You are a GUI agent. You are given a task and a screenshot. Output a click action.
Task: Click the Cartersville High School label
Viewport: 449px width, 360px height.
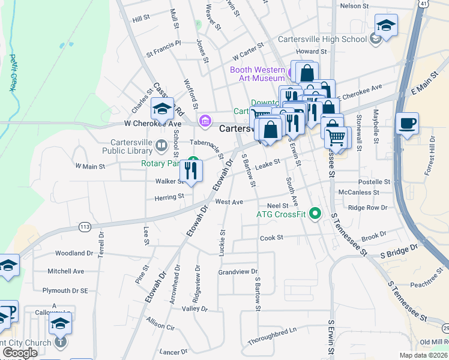coord(322,40)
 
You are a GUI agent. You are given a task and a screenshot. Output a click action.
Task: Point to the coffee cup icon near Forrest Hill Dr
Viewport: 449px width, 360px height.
coord(407,124)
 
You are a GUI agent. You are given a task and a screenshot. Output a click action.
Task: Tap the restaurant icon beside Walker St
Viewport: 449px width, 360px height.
coord(192,171)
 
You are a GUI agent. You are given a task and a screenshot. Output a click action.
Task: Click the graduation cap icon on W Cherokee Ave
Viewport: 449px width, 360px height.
coord(162,109)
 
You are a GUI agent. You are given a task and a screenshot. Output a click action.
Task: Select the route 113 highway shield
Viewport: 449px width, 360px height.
coord(84,227)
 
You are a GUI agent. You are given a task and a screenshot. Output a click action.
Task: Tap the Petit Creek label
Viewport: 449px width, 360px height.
coord(12,73)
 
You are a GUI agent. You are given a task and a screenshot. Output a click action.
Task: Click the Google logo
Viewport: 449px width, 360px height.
coord(20,353)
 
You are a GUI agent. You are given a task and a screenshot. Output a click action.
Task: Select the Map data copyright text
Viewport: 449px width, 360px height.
coord(424,355)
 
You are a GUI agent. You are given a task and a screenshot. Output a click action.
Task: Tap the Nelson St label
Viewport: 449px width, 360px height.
coord(354,5)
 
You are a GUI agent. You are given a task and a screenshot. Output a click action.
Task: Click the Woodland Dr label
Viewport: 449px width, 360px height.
coord(74,253)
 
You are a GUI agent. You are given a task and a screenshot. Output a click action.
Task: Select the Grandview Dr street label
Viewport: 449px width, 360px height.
coord(238,272)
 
